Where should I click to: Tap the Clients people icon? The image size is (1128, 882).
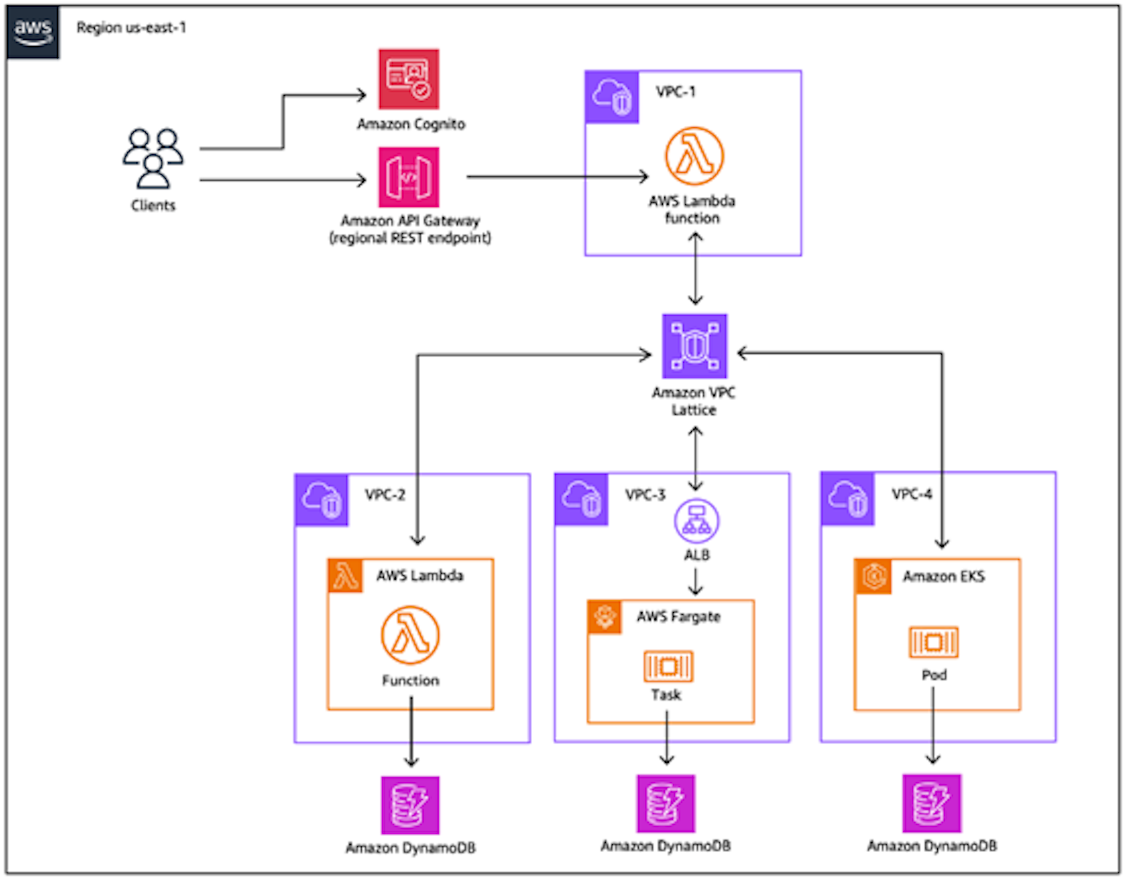[x=153, y=158]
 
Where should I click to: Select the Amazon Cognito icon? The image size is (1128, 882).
[x=408, y=79]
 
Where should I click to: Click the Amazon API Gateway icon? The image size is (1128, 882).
[x=408, y=177]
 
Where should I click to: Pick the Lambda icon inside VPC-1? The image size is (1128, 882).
[x=694, y=156]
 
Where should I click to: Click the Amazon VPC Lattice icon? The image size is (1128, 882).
[x=694, y=346]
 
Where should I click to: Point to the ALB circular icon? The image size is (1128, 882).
[x=696, y=520]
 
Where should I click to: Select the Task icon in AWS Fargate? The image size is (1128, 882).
[x=667, y=666]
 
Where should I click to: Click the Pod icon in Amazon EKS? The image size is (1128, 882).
[x=933, y=642]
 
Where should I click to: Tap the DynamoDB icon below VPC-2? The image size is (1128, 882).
[x=410, y=805]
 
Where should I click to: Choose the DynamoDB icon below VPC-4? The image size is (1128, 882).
[x=931, y=803]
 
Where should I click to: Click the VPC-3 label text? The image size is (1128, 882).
[x=645, y=495]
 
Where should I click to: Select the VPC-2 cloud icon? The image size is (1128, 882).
[x=322, y=500]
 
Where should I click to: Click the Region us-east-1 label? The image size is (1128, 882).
[x=131, y=27]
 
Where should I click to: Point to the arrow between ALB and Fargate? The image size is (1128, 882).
[x=695, y=582]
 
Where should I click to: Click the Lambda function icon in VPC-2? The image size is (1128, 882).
[x=410, y=635]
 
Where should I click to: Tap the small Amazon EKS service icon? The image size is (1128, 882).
[x=872, y=577]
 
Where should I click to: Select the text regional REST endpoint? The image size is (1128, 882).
[x=409, y=238]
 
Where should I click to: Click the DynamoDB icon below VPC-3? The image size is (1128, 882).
[x=665, y=803]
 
